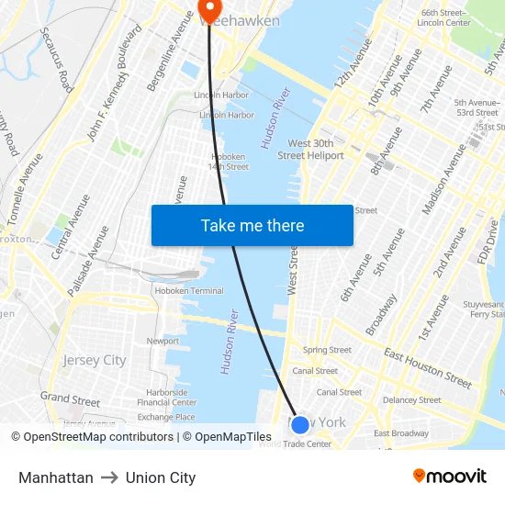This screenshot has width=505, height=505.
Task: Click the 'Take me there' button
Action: (252, 225)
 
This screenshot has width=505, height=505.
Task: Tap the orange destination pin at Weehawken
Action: (209, 9)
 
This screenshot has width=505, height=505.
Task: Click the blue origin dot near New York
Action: (299, 424)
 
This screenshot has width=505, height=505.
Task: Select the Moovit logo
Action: (449, 477)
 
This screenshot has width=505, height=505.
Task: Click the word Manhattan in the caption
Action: (56, 477)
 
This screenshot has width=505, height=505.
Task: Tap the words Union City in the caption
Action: (161, 477)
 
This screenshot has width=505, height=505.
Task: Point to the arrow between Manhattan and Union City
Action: (109, 477)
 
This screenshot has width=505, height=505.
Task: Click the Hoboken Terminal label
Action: (187, 291)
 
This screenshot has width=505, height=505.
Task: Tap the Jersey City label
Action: (95, 361)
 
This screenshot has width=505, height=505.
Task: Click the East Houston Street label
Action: (428, 366)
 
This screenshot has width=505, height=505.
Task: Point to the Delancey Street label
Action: (412, 400)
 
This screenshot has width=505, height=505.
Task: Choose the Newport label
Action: (163, 341)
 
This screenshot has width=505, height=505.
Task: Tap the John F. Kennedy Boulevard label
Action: (114, 83)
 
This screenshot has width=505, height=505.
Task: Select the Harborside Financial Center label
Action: (167, 398)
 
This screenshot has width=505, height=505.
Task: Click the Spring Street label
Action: (327, 350)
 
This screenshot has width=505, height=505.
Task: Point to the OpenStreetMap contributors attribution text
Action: (95, 437)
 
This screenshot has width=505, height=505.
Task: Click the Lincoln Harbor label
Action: (221, 95)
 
